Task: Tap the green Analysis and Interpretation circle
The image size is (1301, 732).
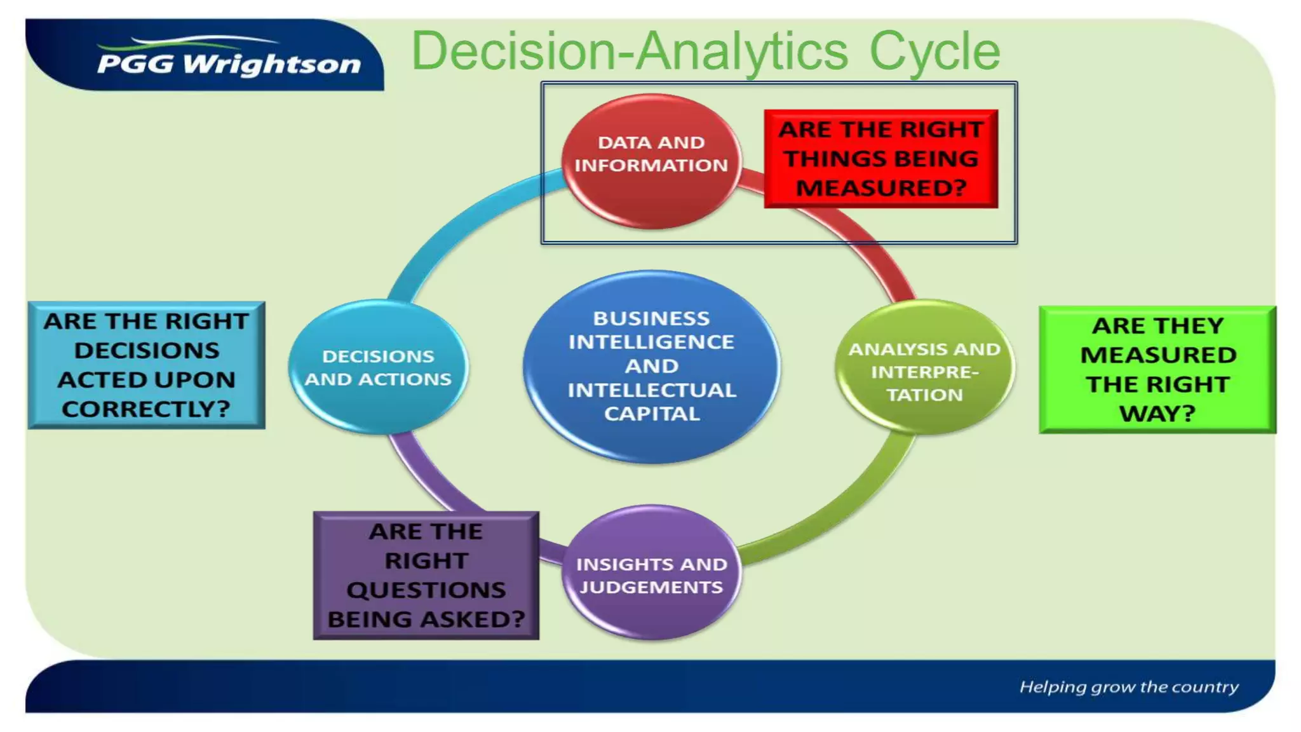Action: (x=924, y=369)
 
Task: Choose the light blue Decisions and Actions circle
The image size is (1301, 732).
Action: (x=378, y=367)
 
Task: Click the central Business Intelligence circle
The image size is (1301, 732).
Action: (x=651, y=366)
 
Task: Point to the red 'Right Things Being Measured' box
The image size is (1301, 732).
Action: (x=881, y=159)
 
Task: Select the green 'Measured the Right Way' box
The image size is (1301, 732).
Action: (x=1157, y=370)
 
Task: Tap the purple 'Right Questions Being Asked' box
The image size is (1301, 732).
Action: (x=426, y=576)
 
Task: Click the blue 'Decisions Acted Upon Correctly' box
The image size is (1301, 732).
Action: (x=147, y=365)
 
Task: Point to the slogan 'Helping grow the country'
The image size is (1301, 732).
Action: (x=1129, y=687)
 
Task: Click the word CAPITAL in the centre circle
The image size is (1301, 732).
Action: (x=652, y=414)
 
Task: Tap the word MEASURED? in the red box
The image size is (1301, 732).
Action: (x=881, y=188)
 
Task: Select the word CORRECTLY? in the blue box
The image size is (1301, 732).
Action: (x=146, y=409)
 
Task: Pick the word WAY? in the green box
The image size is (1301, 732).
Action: (x=1157, y=414)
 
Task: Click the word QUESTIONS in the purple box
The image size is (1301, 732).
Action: (x=426, y=590)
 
